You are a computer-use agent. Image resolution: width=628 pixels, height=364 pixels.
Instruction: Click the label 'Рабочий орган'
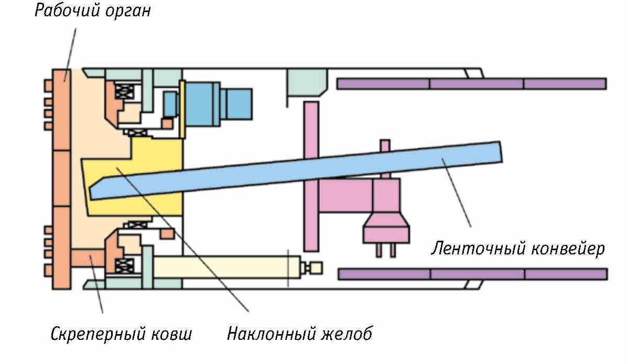click(x=92, y=11)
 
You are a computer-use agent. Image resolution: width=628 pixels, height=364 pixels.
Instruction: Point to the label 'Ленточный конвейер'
click(x=518, y=248)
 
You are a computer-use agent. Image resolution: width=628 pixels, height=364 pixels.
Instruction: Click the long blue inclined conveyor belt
click(x=315, y=168)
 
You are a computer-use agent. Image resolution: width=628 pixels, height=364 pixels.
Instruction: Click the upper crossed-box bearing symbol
click(x=125, y=93)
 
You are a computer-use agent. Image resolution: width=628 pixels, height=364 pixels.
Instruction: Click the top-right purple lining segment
click(x=565, y=83)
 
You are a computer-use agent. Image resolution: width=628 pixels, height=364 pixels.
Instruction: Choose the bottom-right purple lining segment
click(x=566, y=274)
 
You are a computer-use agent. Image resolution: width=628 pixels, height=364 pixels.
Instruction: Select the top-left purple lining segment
click(x=383, y=83)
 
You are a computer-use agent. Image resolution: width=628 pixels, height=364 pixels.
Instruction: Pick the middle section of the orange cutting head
click(x=61, y=178)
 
